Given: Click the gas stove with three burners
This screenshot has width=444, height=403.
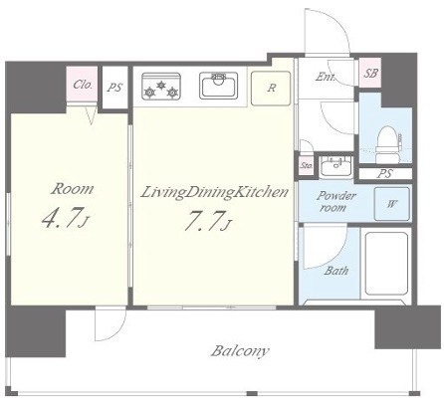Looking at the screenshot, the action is coord(161,87).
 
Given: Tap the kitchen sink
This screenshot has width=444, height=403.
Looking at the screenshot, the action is coord(218,86).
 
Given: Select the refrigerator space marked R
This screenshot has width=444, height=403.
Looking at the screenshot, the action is coord(271,89).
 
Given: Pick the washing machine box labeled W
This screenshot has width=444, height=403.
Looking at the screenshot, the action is coord(391,204).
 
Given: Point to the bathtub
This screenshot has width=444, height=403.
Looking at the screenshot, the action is coord(386,264).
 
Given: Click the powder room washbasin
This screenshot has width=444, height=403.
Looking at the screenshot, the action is coord(336,166).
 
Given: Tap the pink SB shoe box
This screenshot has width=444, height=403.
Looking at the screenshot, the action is coord(370,73).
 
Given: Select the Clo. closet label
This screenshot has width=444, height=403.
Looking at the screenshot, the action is coord(83,85).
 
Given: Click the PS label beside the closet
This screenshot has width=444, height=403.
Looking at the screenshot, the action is coord(114,88).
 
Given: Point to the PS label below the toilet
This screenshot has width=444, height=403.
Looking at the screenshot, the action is coord(385,173).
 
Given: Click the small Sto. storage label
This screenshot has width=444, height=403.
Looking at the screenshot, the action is coord(307,165).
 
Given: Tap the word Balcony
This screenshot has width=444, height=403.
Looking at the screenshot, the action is coord(240,351).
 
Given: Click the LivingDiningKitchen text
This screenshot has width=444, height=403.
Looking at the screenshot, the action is coord(214,193).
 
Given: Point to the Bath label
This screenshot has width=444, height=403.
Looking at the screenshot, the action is coord(336,271).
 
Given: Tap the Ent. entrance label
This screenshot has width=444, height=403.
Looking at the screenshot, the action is coord(325,77).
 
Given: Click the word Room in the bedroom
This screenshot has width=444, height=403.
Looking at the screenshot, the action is coord(72,189).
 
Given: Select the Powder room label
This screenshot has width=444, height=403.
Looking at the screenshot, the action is coord(335,201).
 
